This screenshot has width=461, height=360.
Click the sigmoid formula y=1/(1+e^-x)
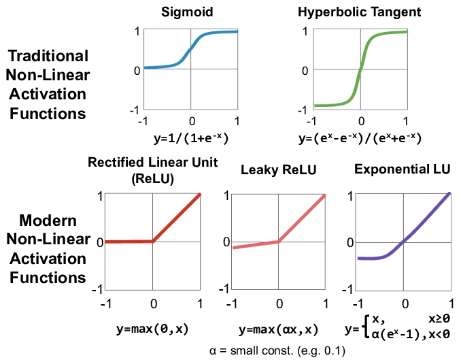192,138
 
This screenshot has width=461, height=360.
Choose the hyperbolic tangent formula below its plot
360,138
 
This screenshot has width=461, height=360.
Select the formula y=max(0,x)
152,329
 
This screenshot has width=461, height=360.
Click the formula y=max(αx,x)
277,329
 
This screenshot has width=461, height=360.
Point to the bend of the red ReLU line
153,241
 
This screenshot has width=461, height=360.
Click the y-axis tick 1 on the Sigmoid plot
137,31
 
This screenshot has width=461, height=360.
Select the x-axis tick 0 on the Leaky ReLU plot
278,303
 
